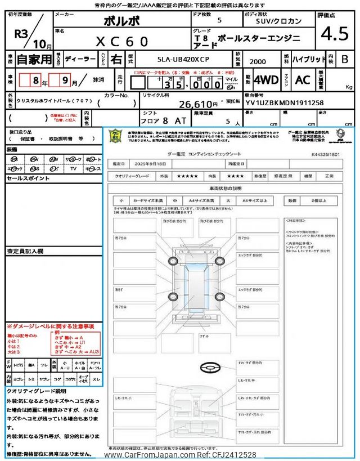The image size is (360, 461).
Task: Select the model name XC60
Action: (x=123, y=42)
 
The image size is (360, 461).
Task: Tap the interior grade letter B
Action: (x=345, y=59)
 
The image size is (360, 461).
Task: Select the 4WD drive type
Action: (x=266, y=80)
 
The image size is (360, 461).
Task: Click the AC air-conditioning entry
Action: (x=303, y=80)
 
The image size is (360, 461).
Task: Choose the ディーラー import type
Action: (x=76, y=58)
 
